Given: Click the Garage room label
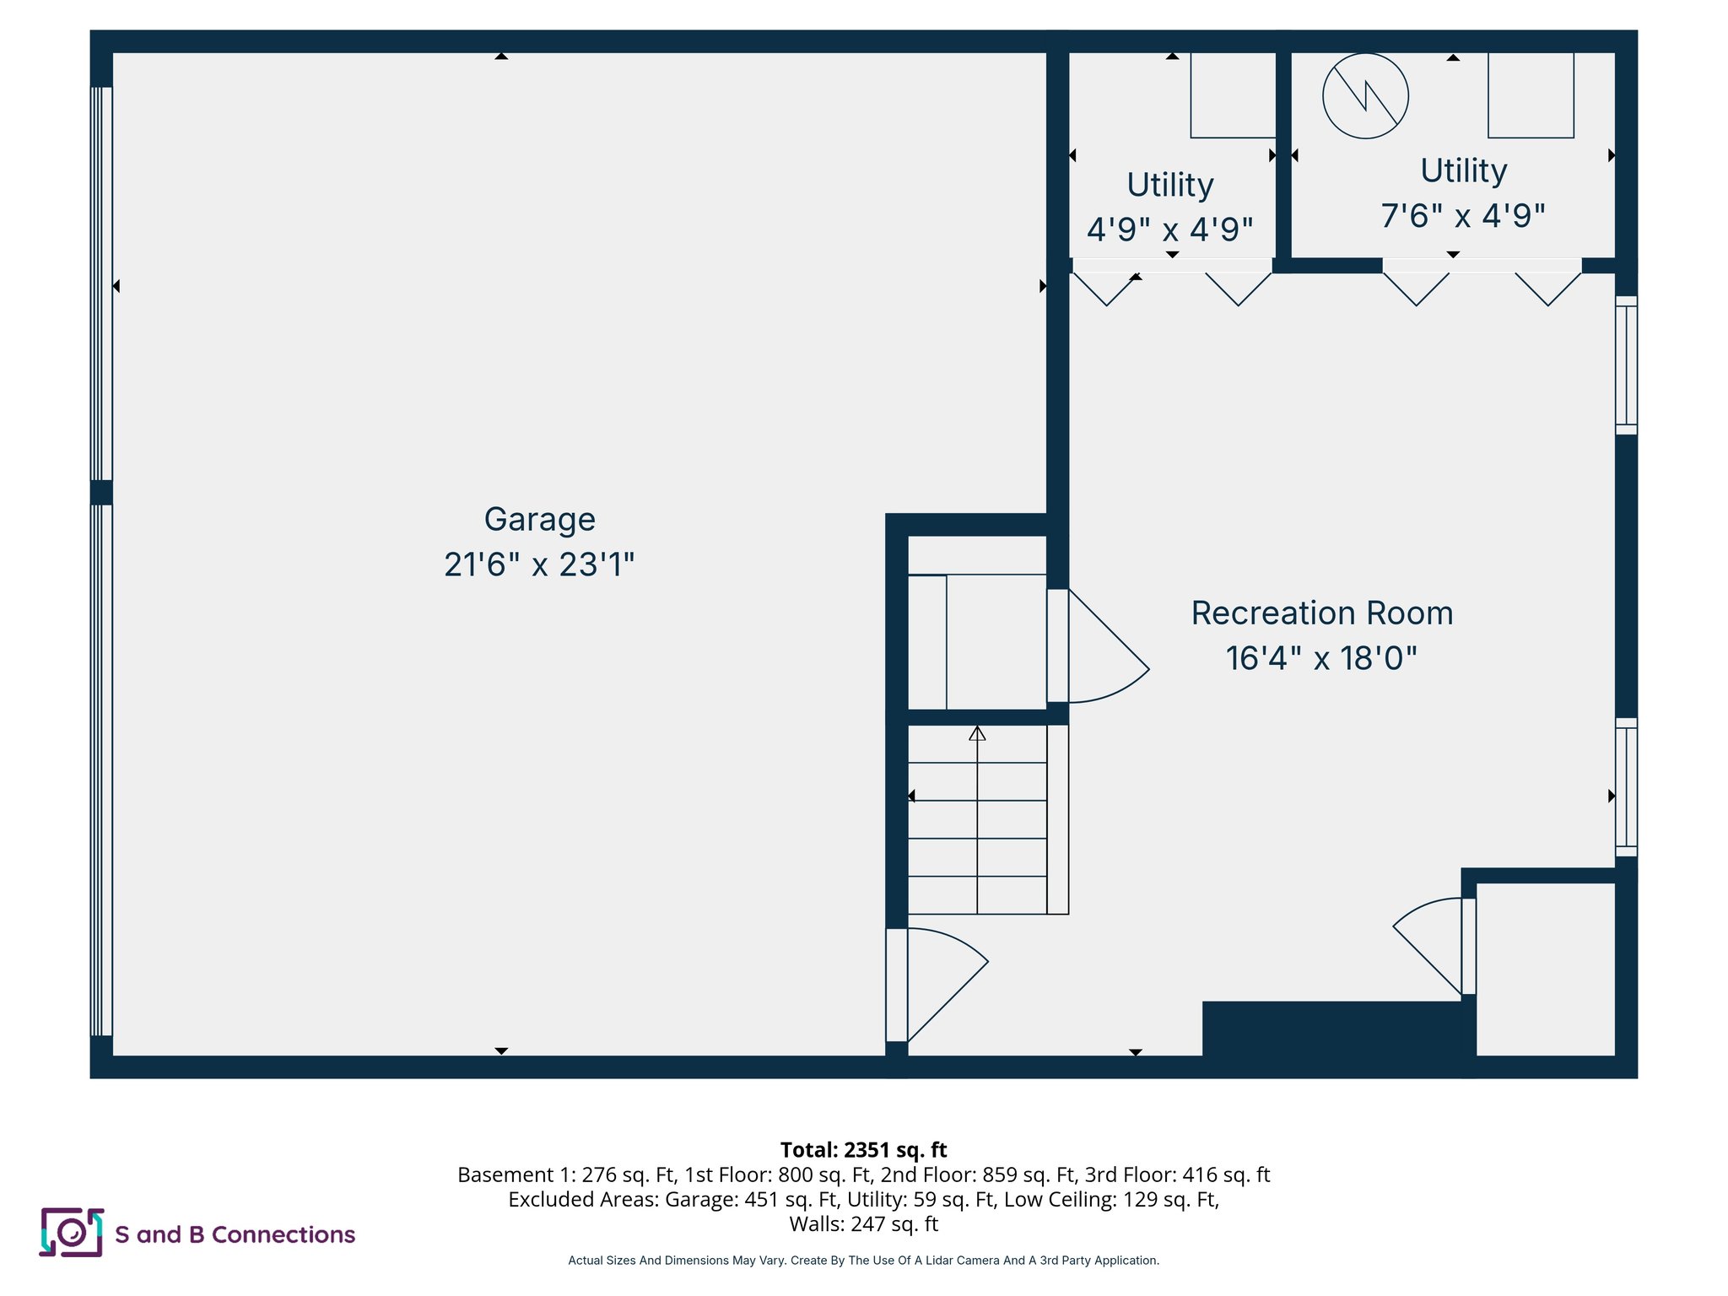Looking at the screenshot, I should point(539,519).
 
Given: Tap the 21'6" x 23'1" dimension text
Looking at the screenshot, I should point(539,564).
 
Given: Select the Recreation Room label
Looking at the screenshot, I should point(1321,613).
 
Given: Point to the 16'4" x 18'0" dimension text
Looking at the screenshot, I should point(1321,658).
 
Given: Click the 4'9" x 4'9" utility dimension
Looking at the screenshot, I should point(1169,229).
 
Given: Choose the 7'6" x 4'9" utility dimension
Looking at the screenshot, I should point(1462,216).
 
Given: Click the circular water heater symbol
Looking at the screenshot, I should point(1364,96).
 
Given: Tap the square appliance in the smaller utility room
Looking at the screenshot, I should point(1232,94).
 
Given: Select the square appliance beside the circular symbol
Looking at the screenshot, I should point(1530,94).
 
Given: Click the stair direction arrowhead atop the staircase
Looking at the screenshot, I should point(977,733).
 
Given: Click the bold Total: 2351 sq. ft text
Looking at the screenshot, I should point(863,1150).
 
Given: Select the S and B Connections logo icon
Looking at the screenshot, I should point(72,1233).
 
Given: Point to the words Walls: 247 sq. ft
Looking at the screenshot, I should point(863,1223).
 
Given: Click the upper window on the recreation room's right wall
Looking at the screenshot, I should point(1626,365).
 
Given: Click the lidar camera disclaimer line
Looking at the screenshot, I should point(863,1261).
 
